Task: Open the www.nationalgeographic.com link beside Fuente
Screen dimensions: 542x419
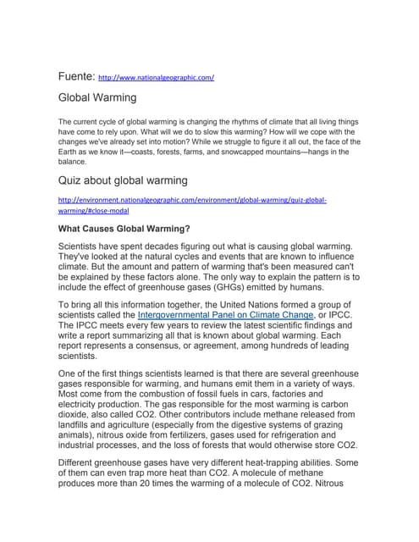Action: (157, 77)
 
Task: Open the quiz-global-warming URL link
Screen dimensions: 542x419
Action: (192, 204)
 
